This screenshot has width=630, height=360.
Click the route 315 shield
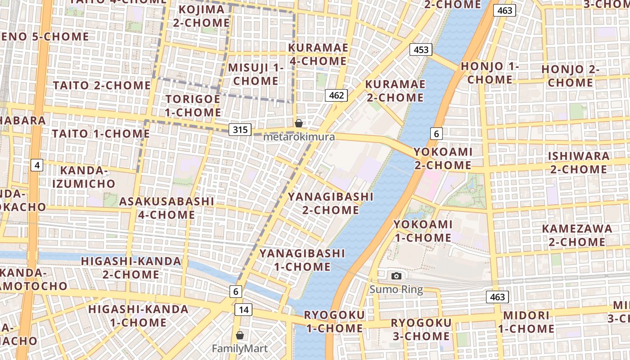tap(240, 130)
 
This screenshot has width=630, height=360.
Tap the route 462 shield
tap(336, 95)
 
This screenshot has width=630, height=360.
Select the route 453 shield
tap(421, 49)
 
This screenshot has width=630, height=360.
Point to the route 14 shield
tap(243, 310)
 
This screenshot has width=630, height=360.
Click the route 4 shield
tap(37, 165)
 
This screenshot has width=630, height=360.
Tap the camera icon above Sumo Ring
tap(396, 276)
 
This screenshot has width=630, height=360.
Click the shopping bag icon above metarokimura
tap(298, 123)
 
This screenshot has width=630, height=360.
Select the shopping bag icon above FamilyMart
tap(240, 335)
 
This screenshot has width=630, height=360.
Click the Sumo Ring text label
tap(396, 289)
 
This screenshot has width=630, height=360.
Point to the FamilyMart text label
tap(240, 348)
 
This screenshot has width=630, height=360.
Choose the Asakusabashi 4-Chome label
tap(166, 208)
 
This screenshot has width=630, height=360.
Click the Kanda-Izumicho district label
tap(84, 177)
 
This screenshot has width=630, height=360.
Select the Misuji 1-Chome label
tap(256, 74)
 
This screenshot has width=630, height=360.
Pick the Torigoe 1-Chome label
tap(193, 105)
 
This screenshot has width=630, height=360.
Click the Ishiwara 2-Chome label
tap(579, 162)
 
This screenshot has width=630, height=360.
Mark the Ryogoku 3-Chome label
tap(420, 329)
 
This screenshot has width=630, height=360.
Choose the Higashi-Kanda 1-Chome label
tap(138, 316)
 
